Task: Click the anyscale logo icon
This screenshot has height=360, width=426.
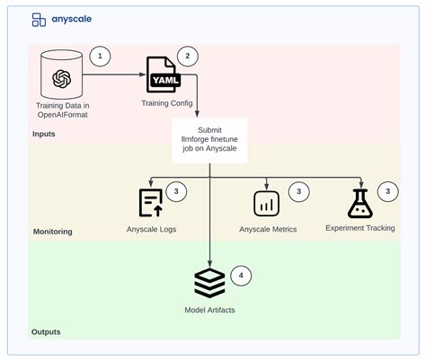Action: tap(39, 20)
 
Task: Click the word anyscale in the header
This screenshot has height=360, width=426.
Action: tap(72, 19)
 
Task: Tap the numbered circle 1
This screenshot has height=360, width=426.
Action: tap(100, 56)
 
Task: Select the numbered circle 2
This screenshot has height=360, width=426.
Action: tap(188, 56)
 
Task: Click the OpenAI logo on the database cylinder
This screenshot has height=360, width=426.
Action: tap(62, 79)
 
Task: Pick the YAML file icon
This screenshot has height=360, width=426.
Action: tap(164, 75)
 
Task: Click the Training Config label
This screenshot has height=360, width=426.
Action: tap(167, 103)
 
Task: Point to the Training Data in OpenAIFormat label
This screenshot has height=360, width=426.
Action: tap(63, 110)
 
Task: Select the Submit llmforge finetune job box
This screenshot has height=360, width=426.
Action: tap(209, 140)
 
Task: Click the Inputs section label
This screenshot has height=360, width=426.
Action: tap(44, 134)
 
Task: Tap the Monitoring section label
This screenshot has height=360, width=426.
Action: tap(53, 232)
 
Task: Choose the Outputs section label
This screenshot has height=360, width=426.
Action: tap(46, 332)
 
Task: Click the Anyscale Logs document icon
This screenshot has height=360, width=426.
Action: tap(151, 203)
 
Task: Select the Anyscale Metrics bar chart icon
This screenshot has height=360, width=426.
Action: tap(267, 204)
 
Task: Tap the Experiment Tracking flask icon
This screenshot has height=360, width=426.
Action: tap(360, 204)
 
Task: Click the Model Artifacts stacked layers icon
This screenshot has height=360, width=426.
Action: tap(209, 283)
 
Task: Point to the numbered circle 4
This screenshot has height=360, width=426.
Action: tap(241, 276)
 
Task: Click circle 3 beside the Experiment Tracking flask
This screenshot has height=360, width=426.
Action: tap(388, 191)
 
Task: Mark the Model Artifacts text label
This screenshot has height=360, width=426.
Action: tap(209, 310)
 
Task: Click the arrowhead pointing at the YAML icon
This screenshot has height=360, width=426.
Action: tap(143, 75)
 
